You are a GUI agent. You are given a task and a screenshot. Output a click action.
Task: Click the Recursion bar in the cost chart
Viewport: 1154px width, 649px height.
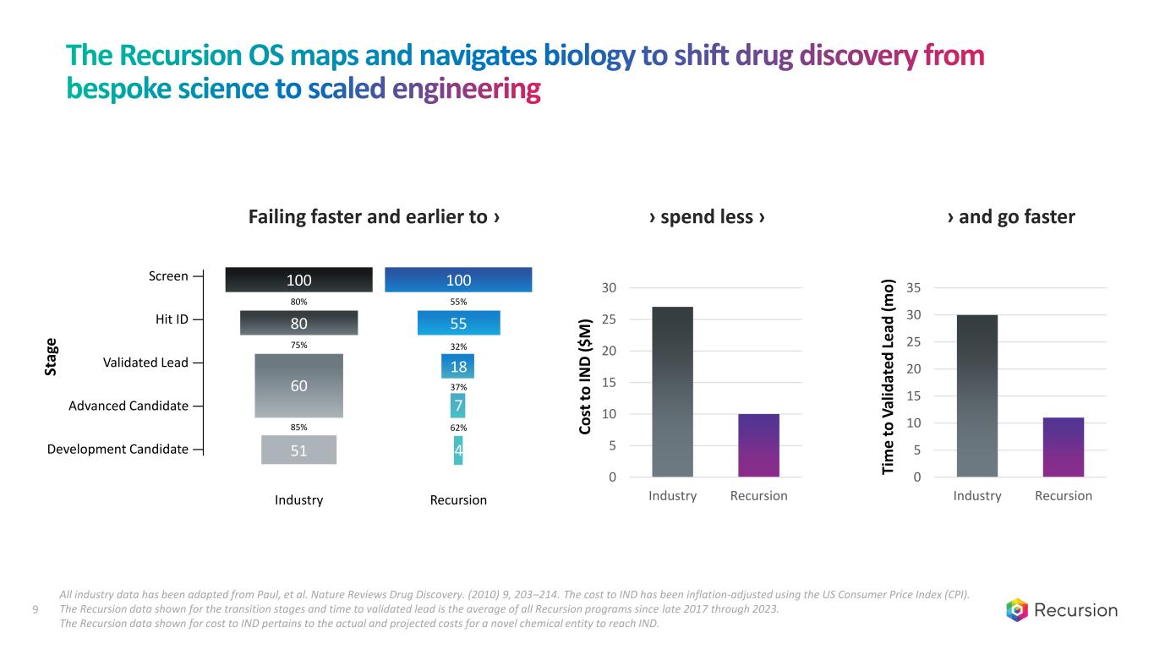[x=758, y=445]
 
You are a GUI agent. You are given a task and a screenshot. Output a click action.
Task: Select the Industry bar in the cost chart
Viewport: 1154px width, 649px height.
[x=672, y=391]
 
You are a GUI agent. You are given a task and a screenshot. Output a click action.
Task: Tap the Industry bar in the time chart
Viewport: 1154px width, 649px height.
[x=976, y=395]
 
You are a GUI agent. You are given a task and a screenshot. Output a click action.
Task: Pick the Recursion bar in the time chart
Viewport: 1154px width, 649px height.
[x=1063, y=447]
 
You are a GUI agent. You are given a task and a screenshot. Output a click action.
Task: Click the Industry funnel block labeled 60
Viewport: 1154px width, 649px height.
[x=298, y=385]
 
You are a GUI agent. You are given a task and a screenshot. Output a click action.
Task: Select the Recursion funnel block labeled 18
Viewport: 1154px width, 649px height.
[x=457, y=366]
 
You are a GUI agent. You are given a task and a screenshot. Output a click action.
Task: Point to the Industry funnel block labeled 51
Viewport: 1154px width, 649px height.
[x=298, y=450]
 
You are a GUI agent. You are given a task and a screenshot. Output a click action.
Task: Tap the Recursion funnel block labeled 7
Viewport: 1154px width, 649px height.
[x=457, y=406]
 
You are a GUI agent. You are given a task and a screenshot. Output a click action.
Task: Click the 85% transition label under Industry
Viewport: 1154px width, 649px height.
[x=298, y=428]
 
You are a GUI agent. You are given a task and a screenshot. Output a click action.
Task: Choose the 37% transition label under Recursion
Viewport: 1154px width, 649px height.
[x=457, y=387]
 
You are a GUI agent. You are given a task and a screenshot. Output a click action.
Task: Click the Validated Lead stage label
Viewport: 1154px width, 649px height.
[x=145, y=363]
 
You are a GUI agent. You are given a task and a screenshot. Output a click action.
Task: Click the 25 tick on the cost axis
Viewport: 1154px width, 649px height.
[x=610, y=319]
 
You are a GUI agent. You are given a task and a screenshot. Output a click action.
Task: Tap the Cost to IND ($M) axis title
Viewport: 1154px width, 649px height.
[x=586, y=377]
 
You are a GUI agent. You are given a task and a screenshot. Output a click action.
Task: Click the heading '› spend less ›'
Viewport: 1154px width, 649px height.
[x=707, y=217]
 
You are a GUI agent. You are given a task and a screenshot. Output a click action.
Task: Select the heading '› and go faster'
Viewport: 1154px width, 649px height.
[x=1011, y=217]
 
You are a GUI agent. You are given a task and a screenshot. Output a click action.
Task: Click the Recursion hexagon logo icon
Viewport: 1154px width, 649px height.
[x=1018, y=610]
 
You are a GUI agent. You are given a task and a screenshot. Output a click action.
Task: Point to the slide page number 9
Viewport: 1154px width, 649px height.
[x=35, y=610]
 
